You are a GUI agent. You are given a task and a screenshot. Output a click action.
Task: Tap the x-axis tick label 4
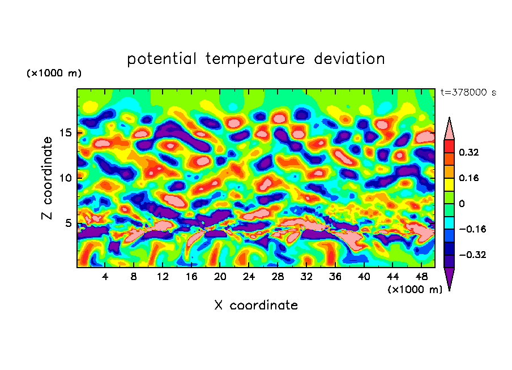point(105,277)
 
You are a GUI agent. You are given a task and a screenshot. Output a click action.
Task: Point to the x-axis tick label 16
point(191,277)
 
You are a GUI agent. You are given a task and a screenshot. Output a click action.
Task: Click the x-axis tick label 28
point(278,277)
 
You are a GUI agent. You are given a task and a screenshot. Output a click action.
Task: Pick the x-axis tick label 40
point(364,277)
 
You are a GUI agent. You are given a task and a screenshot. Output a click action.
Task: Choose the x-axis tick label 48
point(421,277)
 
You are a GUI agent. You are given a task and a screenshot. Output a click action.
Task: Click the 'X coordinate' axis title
point(256,306)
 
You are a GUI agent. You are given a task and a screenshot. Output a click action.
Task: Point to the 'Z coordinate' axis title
point(48,178)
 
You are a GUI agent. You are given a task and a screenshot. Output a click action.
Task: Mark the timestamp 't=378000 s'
point(468,93)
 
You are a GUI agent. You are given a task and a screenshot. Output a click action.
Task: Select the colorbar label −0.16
point(471,229)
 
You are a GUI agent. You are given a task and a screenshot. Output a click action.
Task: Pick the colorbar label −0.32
point(471,255)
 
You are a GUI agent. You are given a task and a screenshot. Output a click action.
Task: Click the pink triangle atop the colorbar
point(449,129)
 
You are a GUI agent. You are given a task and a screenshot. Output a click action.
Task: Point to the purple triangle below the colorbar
point(449,278)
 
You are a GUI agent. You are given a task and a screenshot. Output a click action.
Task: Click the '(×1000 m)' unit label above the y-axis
point(54,74)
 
